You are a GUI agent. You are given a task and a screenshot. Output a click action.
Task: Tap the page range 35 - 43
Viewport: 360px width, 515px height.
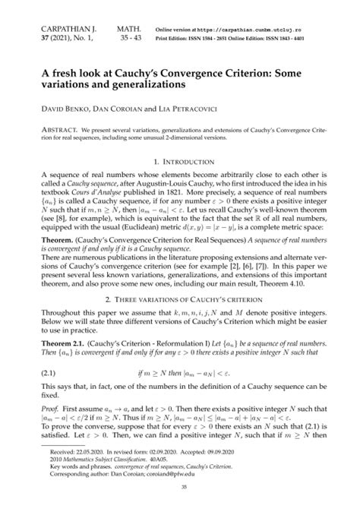click(130, 36)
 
